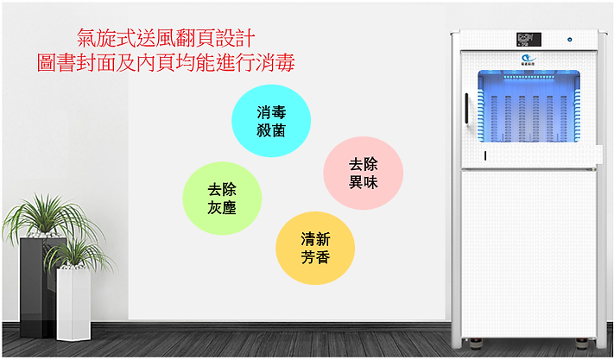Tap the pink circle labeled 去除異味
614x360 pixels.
coord(363,172)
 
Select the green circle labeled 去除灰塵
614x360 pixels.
coord(222,198)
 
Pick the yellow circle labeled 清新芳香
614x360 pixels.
coord(315,247)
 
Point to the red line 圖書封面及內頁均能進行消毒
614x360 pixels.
coord(165,62)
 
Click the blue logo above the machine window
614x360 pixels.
coord(527,57)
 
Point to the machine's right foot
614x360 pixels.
coord(587,343)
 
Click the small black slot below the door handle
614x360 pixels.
coord(484,155)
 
